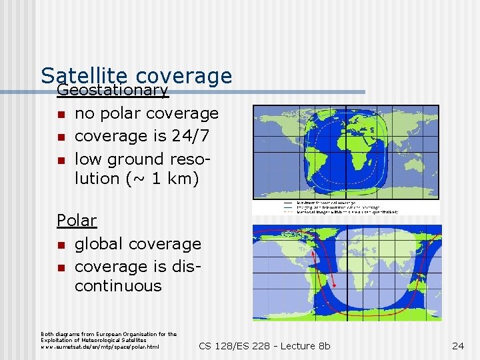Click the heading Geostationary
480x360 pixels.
point(112,89)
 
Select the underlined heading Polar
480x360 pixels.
point(77,220)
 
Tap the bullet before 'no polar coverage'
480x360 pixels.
point(61,115)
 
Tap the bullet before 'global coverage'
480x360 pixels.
point(61,245)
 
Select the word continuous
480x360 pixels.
point(118,286)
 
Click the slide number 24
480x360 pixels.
point(458,345)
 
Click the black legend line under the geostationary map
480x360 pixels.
point(287,203)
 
